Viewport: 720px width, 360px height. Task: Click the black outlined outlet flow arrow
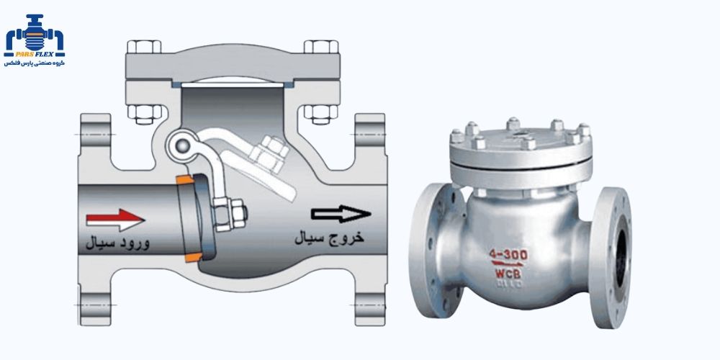tap(341, 213)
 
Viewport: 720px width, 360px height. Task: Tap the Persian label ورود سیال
tap(117, 243)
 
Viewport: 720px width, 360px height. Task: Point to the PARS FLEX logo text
tap(34, 53)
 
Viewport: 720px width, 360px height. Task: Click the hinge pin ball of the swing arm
tap(179, 146)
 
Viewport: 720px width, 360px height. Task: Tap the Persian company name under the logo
tap(34, 63)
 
